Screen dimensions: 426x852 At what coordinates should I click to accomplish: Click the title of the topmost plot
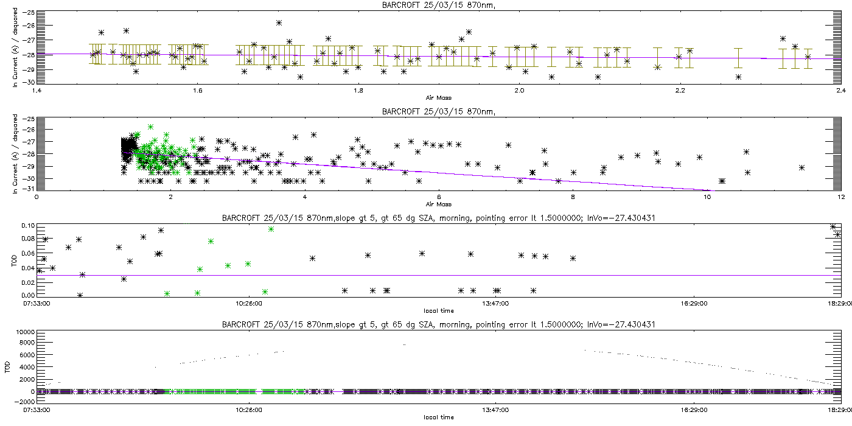425,5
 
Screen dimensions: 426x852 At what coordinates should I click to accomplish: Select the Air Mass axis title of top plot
438,97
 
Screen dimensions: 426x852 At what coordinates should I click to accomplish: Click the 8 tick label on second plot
573,197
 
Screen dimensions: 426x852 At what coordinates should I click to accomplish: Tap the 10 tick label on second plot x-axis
707,197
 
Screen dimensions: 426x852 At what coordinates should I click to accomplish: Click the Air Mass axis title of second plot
438,203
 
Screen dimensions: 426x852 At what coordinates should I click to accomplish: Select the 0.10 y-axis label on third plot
27,226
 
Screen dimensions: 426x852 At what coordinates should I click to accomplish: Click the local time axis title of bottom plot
438,417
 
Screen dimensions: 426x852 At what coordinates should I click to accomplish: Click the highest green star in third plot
271,229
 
